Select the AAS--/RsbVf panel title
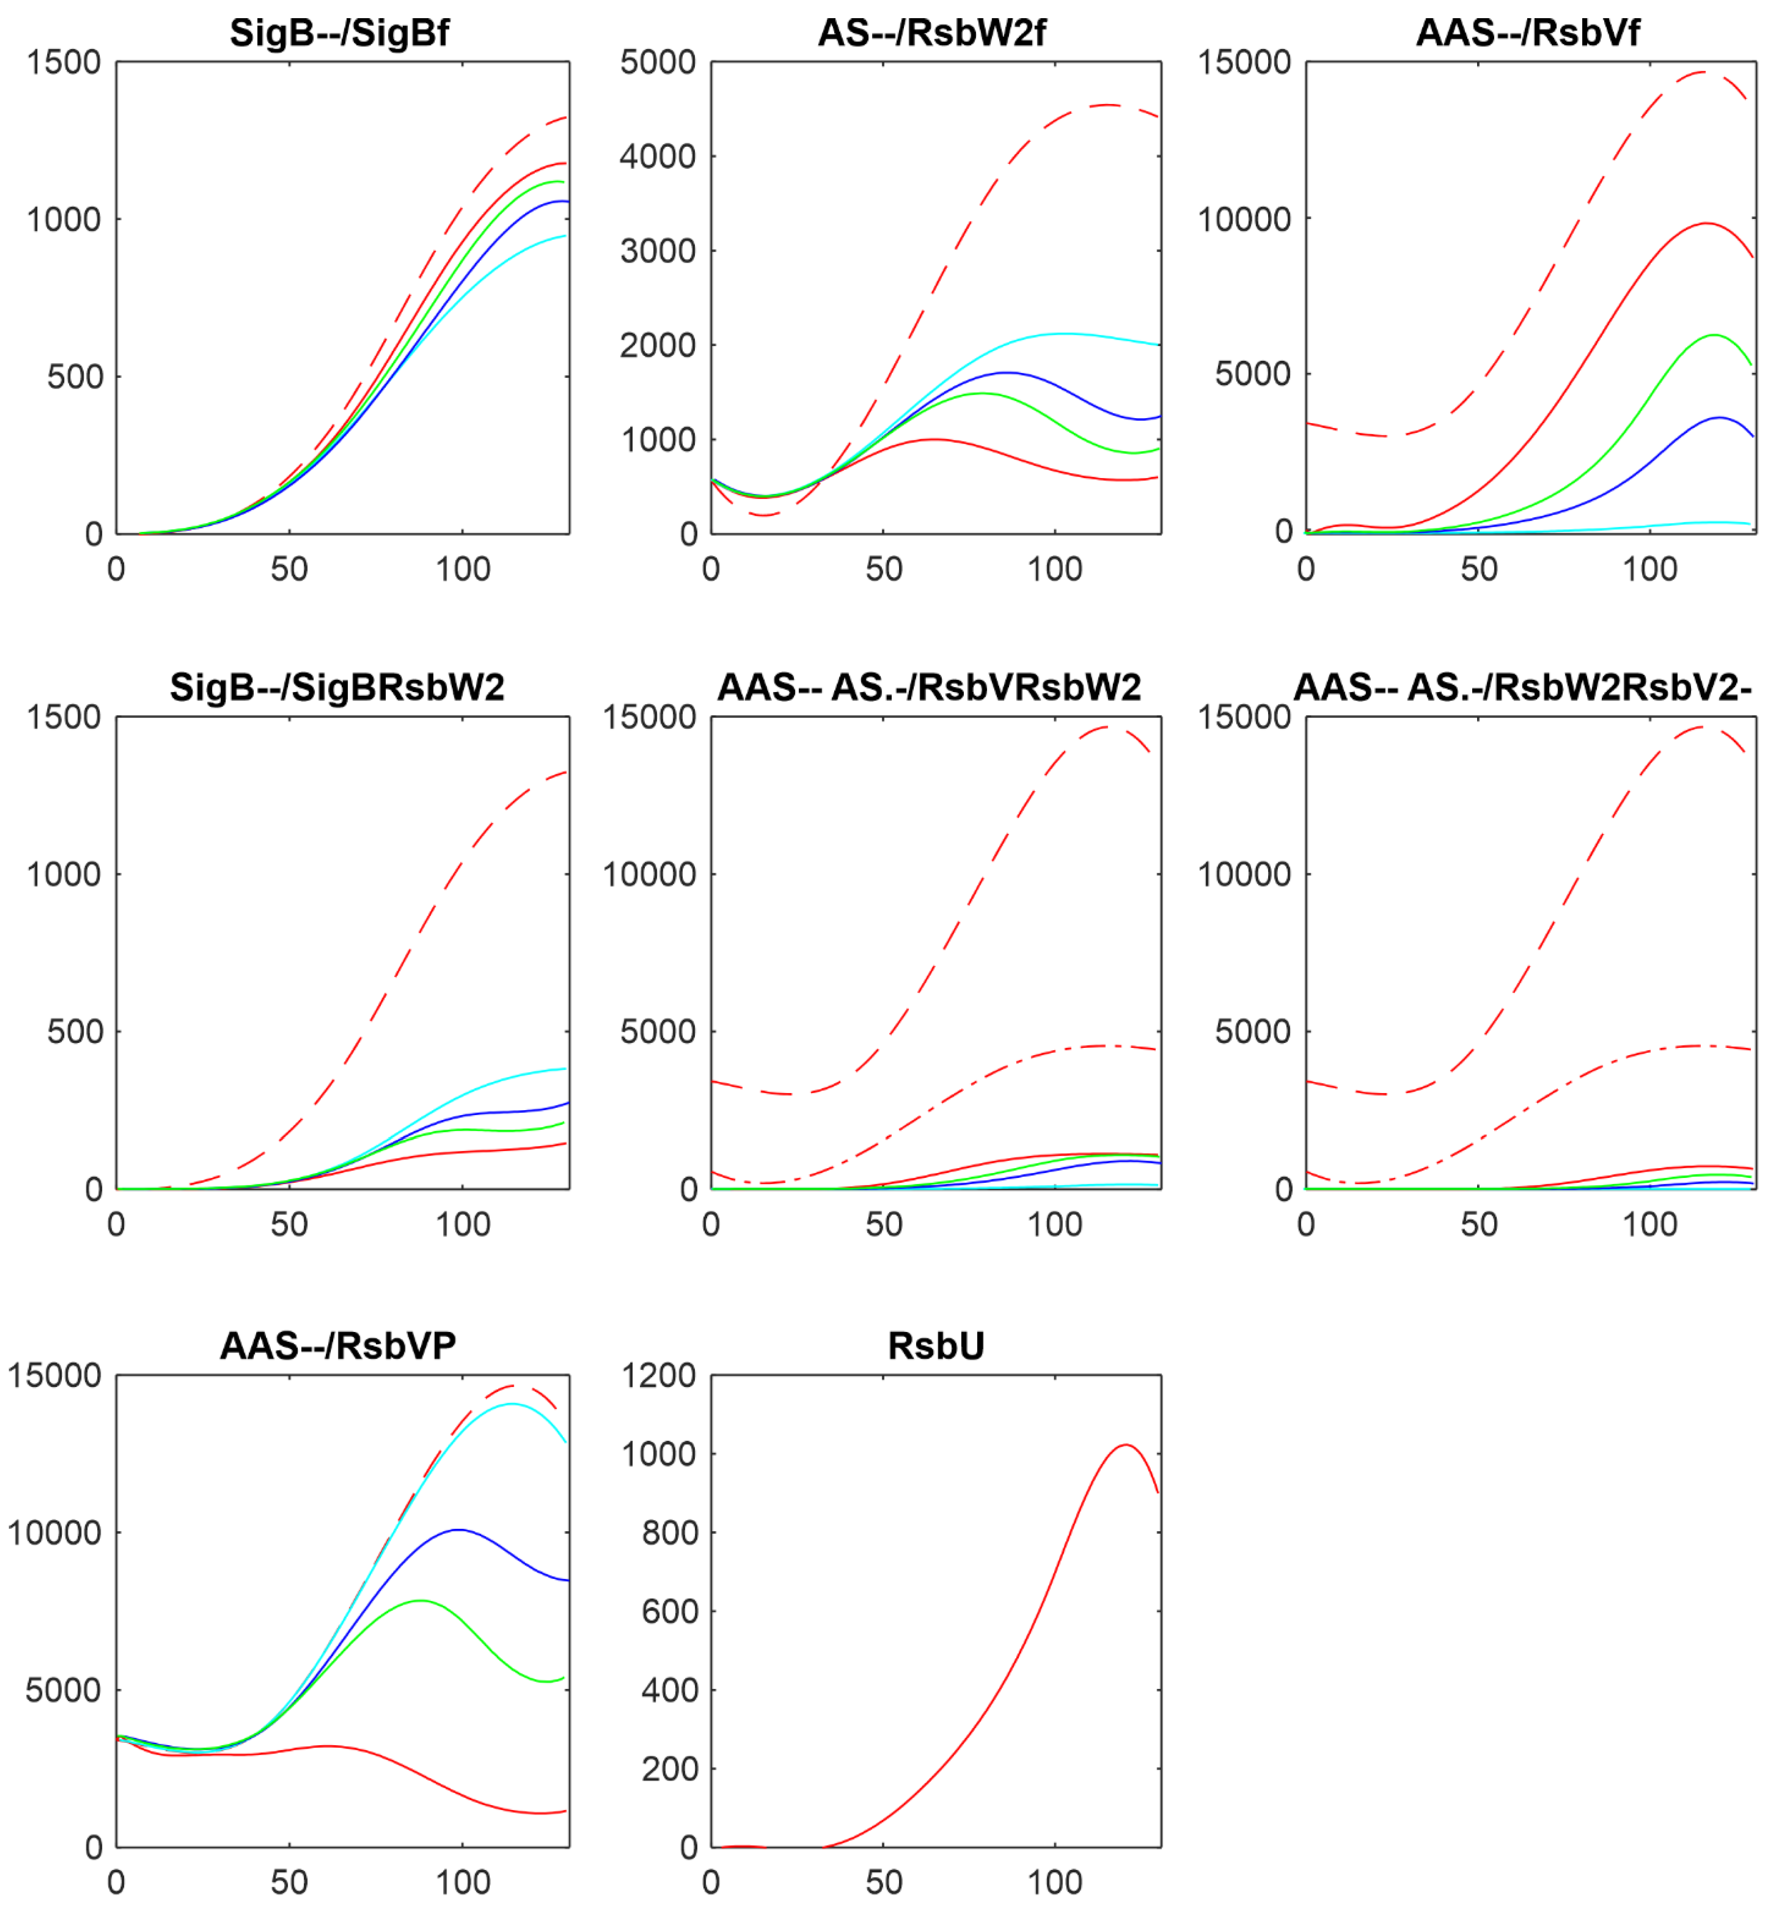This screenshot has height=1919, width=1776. coord(1528,33)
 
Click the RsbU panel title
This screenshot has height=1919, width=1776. coord(935,1345)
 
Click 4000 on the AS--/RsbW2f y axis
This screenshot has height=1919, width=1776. coord(658,156)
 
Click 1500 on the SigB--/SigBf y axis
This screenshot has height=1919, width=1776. coord(63,62)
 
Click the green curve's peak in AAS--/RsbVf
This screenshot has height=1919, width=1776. coord(1714,335)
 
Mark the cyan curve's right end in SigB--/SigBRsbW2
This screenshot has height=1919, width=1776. coord(565,1068)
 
